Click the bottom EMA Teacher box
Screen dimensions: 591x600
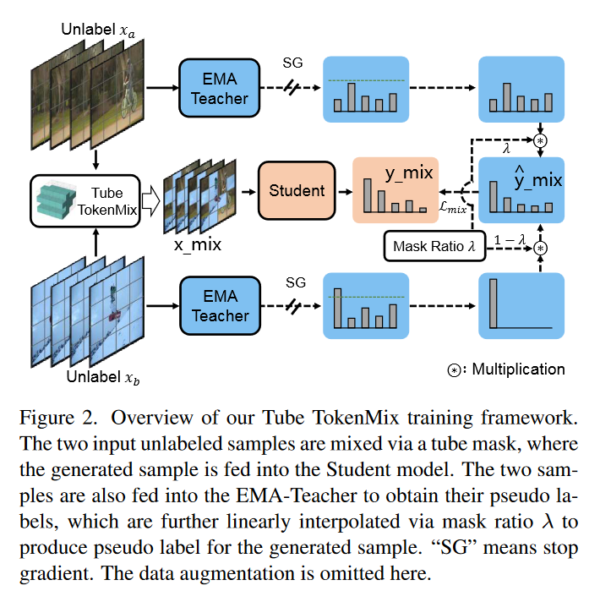click(x=219, y=304)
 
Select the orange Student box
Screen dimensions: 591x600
click(x=297, y=191)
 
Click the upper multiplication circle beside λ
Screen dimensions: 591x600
click(x=541, y=139)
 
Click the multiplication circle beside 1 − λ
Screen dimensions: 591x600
click(x=542, y=247)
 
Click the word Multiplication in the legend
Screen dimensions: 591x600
click(x=518, y=369)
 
